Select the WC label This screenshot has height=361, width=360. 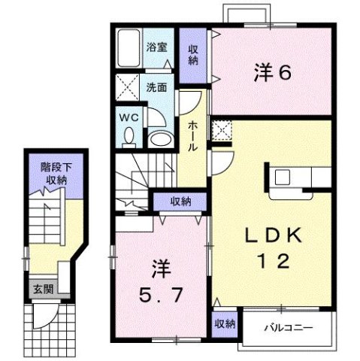[126, 117]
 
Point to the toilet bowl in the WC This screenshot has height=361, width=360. [127, 136]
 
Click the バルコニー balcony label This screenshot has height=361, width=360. [286, 327]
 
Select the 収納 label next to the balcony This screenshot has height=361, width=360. [224, 324]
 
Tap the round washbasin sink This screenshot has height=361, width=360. [159, 138]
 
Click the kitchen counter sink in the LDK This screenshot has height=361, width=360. [283, 177]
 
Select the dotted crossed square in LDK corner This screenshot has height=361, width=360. [222, 131]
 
